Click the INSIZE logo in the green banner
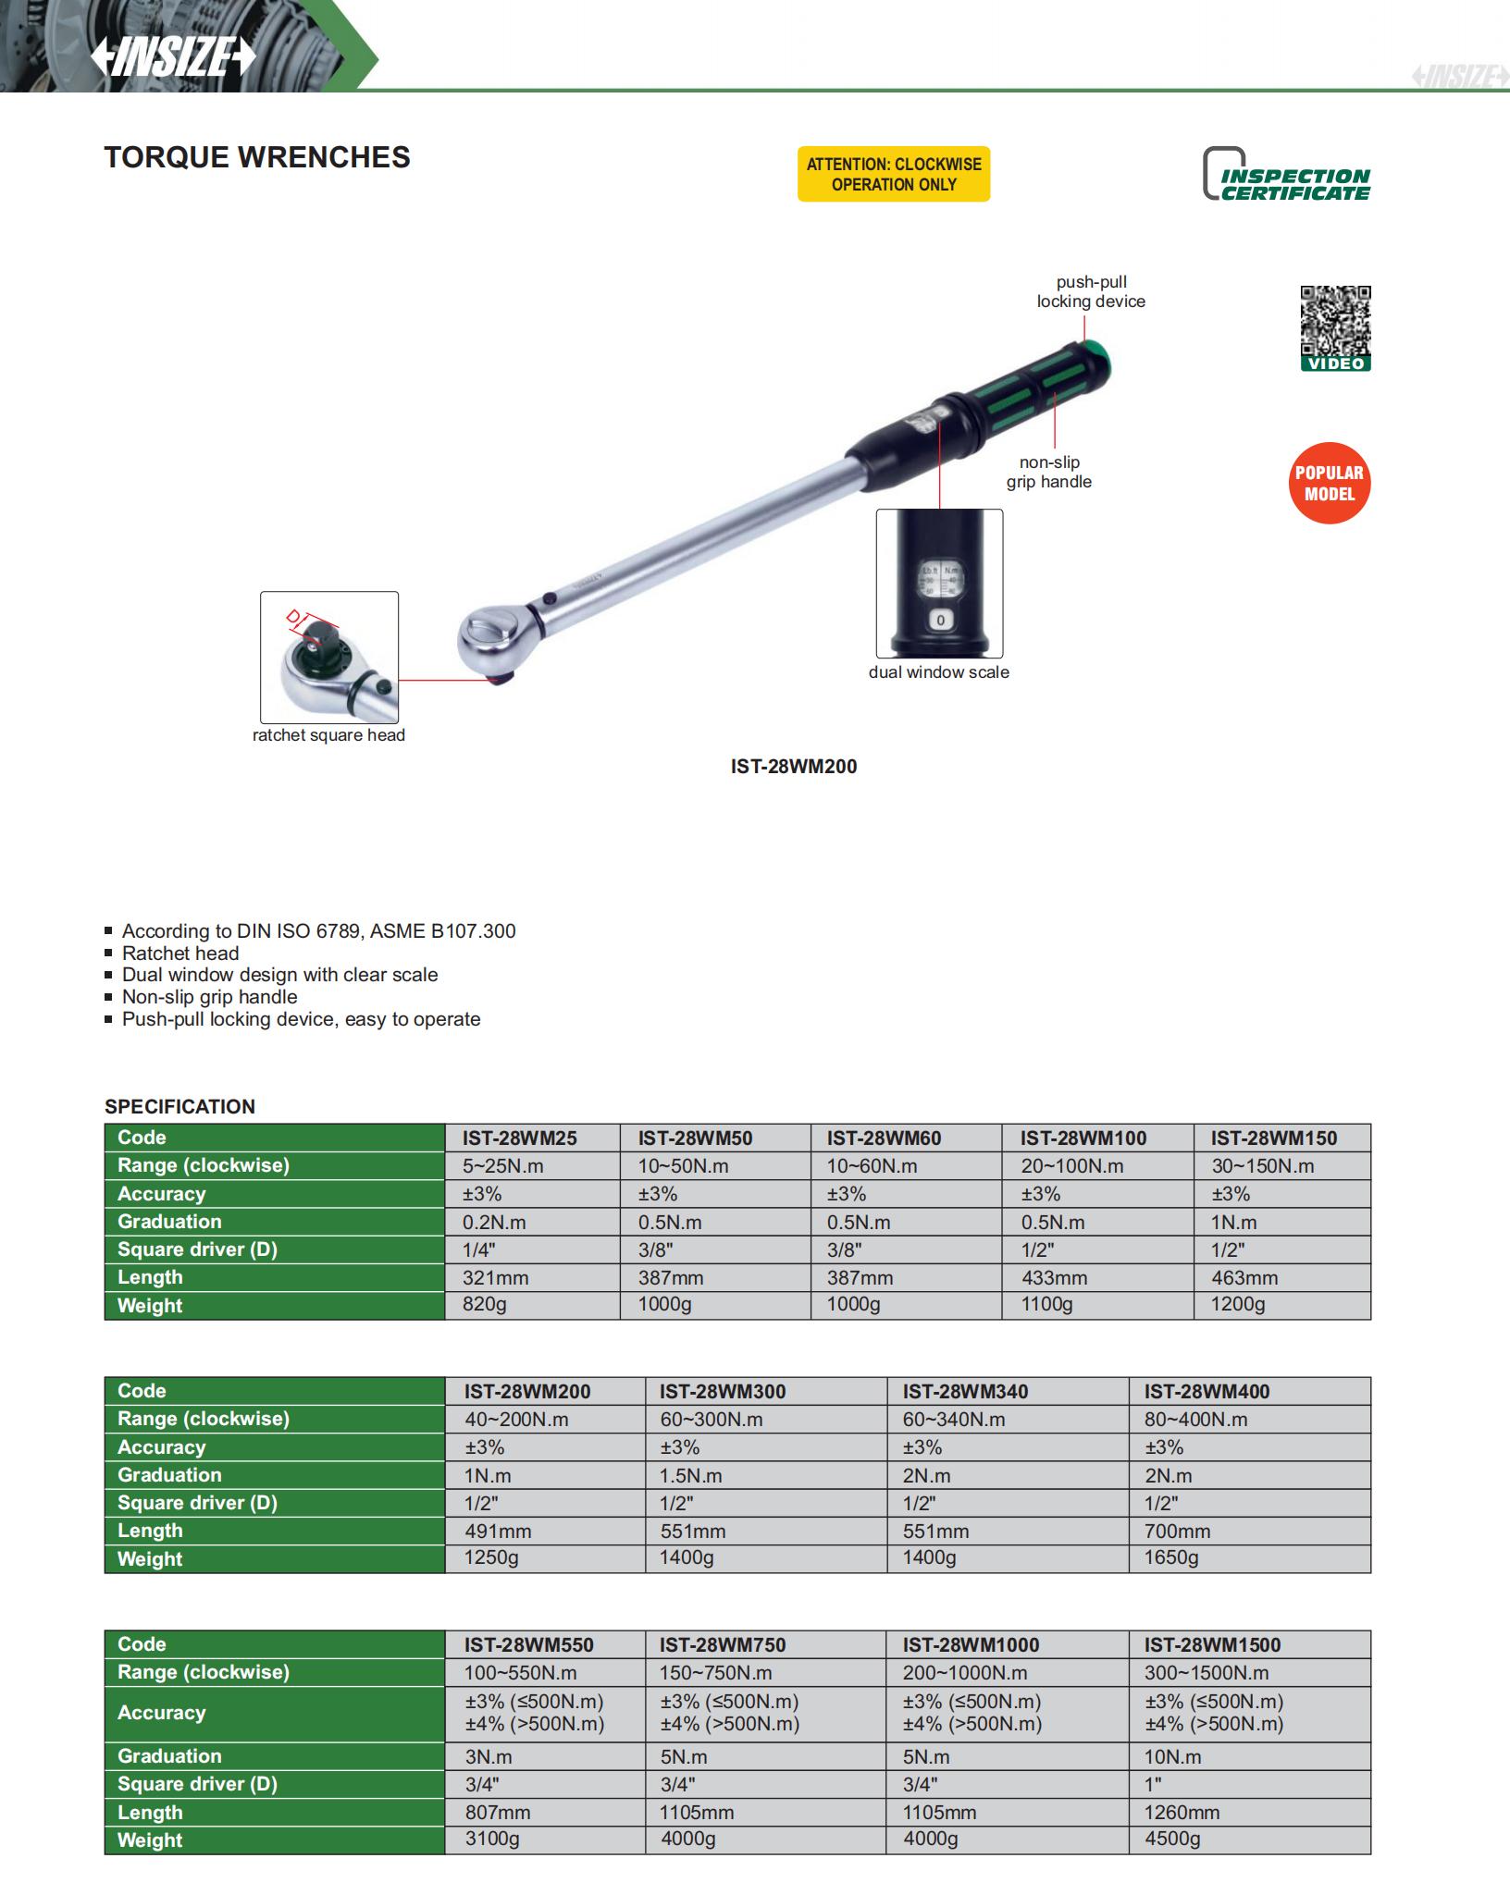[173, 58]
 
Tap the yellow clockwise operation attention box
[893, 174]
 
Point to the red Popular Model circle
[1329, 483]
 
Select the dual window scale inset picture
[939, 583]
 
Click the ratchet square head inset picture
[329, 657]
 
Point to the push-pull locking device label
[1091, 291]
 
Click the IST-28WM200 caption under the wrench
[793, 767]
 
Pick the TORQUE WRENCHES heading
[257, 157]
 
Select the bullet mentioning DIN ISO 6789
[318, 931]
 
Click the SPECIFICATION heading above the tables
[179, 1106]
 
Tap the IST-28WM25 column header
[520, 1138]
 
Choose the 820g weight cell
[485, 1305]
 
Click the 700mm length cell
[1177, 1532]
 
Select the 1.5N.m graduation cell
[690, 1476]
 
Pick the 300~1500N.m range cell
[1207, 1673]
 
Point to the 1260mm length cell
[1182, 1813]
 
